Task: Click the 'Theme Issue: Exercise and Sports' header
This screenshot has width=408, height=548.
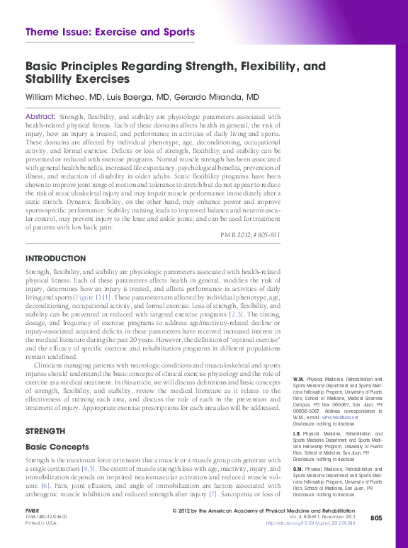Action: point(109,32)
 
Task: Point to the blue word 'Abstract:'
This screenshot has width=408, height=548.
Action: point(40,116)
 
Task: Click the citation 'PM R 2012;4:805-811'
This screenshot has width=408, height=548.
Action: point(250,234)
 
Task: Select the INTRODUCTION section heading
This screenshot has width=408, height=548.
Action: point(55,258)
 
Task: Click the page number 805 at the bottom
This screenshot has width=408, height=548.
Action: point(376,518)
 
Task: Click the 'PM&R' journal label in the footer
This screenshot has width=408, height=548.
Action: point(33,510)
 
